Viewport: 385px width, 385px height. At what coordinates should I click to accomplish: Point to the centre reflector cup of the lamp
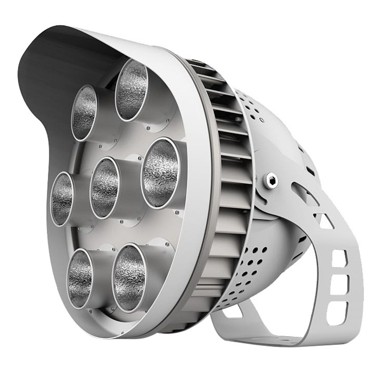pyautogui.click(x=105, y=187)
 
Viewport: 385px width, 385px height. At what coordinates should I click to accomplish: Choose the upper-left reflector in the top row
pyautogui.click(x=85, y=112)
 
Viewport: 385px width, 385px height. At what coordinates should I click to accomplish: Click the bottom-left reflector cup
pyautogui.click(x=81, y=278)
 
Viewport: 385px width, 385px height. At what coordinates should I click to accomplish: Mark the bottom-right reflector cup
pyautogui.click(x=129, y=278)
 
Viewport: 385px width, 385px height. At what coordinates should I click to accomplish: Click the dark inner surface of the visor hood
pyautogui.click(x=46, y=72)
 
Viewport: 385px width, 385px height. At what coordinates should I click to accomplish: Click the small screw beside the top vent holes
pyautogui.click(x=262, y=120)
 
